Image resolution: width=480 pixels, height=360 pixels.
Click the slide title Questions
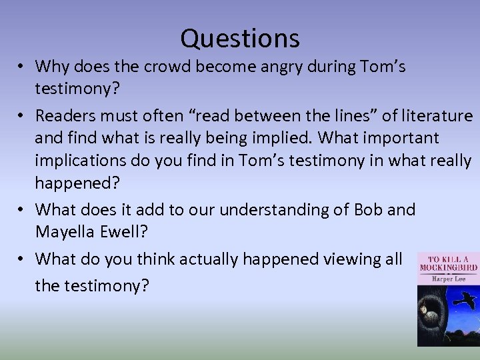240,38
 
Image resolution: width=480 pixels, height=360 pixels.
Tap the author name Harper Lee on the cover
445,277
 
